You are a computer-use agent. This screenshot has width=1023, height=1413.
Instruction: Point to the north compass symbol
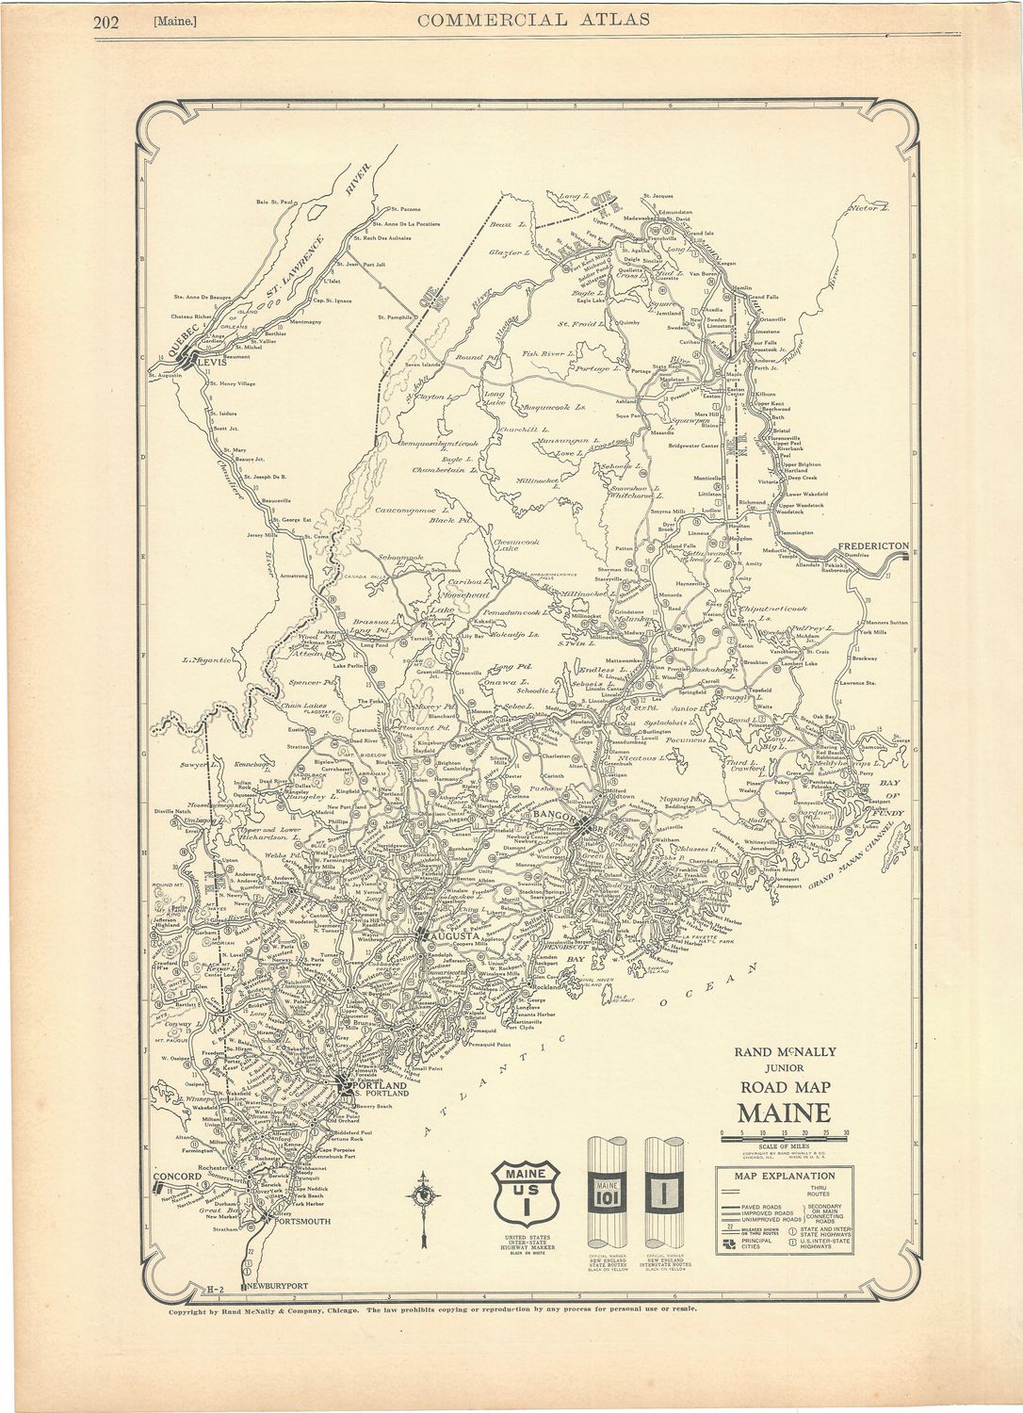pos(425,1195)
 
